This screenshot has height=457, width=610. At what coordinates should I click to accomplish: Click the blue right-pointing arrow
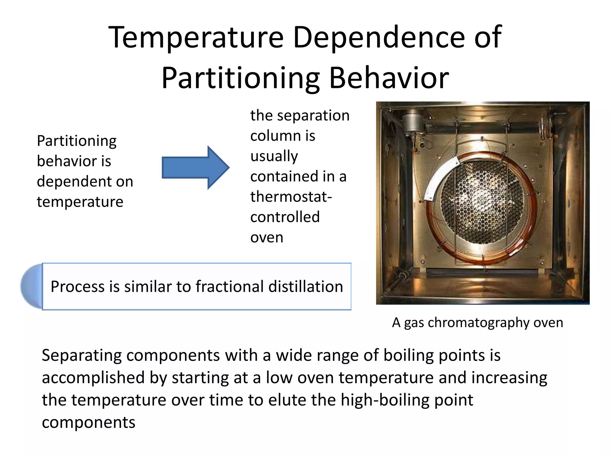coord(195,168)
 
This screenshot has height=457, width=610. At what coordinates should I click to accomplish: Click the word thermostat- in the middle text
coord(291,197)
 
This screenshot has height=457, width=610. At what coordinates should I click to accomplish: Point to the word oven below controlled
coord(267,237)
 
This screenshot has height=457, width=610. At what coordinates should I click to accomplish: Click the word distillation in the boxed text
coord(306,287)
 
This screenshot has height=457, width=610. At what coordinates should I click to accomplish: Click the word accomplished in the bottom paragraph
coord(93,378)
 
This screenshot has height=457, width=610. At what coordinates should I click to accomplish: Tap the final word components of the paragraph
coord(88,422)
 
